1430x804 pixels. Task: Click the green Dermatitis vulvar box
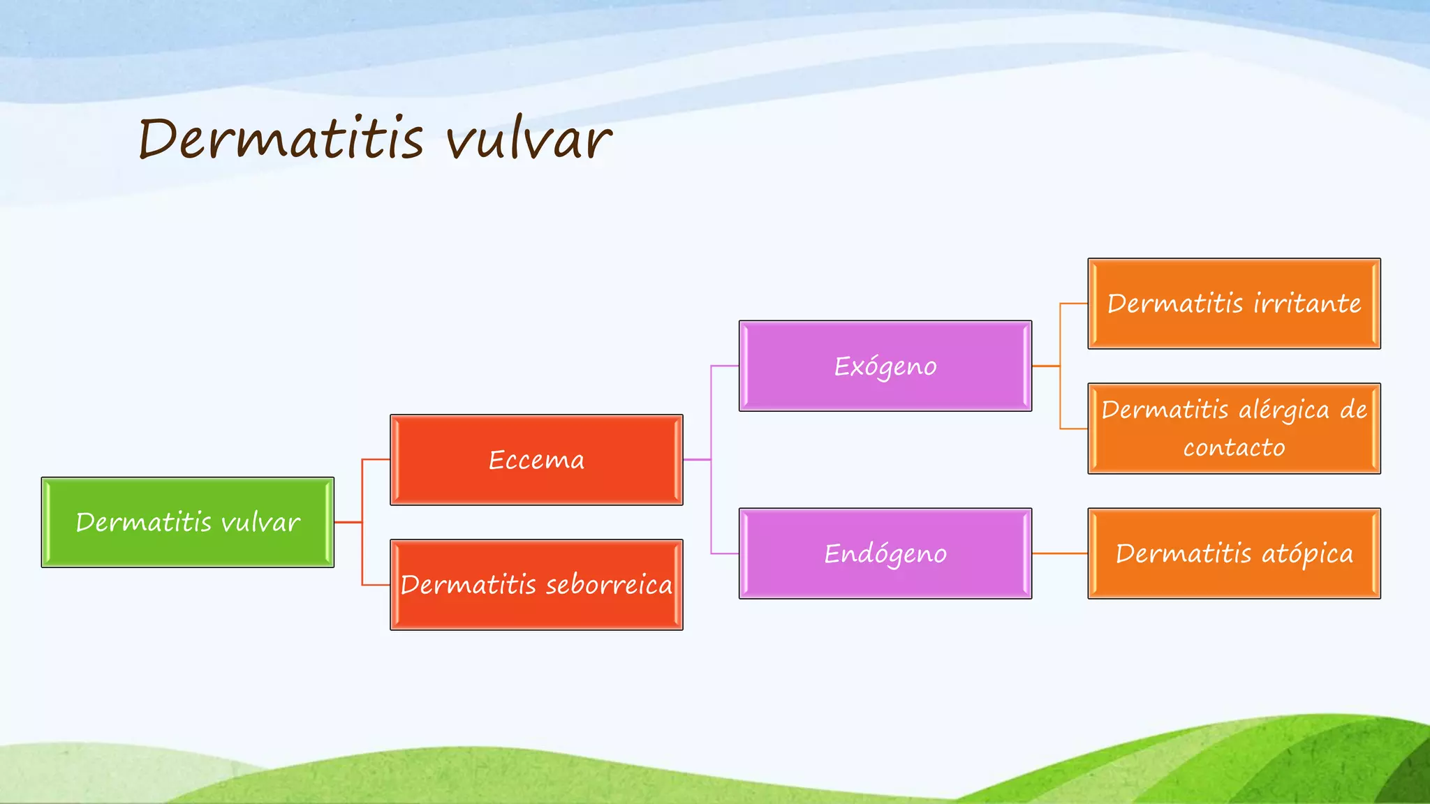click(x=188, y=522)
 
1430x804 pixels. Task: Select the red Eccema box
click(x=536, y=460)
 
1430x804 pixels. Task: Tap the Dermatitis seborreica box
click(x=536, y=585)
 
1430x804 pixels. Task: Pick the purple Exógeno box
click(x=885, y=366)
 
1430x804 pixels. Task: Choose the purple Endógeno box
click(x=885, y=553)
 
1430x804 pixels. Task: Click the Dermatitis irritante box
click(x=1234, y=304)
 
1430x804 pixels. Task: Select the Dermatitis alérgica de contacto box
click(x=1234, y=429)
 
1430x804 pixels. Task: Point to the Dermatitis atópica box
click(x=1234, y=553)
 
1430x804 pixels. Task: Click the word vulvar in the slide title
click(x=529, y=139)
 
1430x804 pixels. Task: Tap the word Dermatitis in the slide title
click(x=281, y=137)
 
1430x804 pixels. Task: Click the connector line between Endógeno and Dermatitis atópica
click(x=1060, y=553)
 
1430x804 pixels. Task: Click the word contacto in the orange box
click(x=1234, y=447)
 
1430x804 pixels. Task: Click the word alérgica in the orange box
click(x=1284, y=410)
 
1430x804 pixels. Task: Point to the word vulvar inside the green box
click(x=260, y=522)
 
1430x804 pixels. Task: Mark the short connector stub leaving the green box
click(x=348, y=522)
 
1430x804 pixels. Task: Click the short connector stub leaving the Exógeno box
click(x=1046, y=366)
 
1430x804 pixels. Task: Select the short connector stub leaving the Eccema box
click(x=697, y=460)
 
